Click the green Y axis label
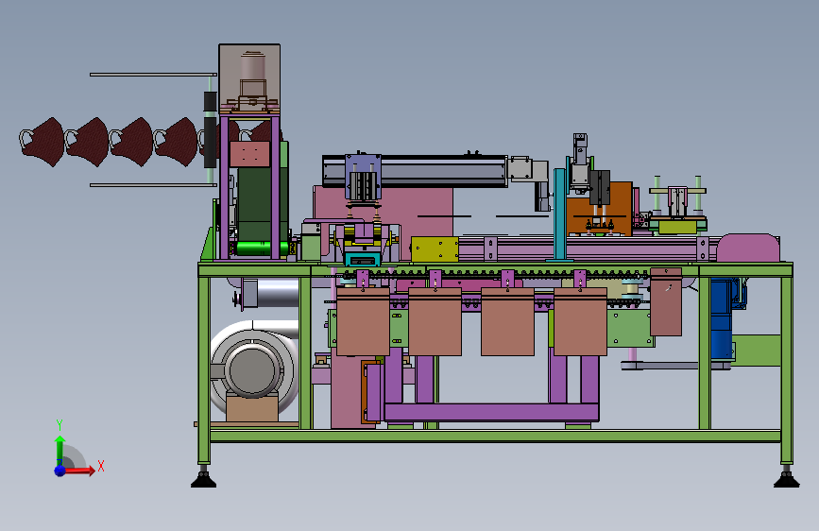tap(60, 424)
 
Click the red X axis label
tap(101, 466)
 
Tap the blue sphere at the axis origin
tap(60, 471)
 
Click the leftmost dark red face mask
tap(43, 142)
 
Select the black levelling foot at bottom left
tap(203, 480)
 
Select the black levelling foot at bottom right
tap(786, 480)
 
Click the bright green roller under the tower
tap(259, 248)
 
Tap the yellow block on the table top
tap(435, 249)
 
